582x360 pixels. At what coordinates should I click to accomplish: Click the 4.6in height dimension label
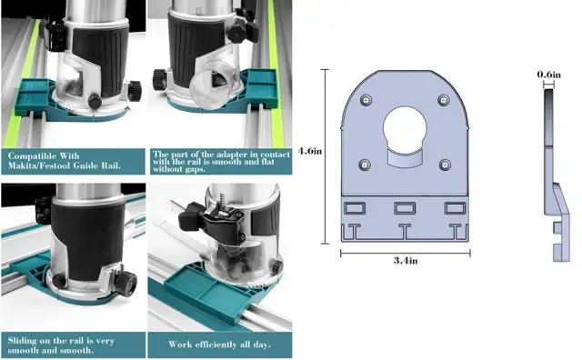point(310,151)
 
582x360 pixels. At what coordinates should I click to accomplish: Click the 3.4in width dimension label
point(406,261)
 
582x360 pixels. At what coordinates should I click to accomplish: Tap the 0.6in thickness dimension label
point(549,75)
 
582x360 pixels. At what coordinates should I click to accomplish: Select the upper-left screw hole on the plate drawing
point(366,100)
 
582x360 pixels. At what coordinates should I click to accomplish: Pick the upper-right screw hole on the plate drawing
point(444,100)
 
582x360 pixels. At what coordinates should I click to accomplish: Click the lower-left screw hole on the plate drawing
point(365,165)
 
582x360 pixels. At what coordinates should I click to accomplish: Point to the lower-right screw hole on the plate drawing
point(445,165)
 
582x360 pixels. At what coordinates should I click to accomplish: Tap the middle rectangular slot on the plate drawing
point(405,208)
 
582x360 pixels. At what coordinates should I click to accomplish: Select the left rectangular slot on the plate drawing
point(355,208)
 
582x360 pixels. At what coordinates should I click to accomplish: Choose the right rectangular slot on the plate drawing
point(455,208)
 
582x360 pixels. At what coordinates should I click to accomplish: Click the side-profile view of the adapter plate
point(556,175)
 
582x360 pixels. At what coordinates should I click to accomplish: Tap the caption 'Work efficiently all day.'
point(219,345)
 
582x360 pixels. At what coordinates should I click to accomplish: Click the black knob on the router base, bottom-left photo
point(125,283)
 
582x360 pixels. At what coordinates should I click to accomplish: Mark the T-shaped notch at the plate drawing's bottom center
point(404,231)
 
